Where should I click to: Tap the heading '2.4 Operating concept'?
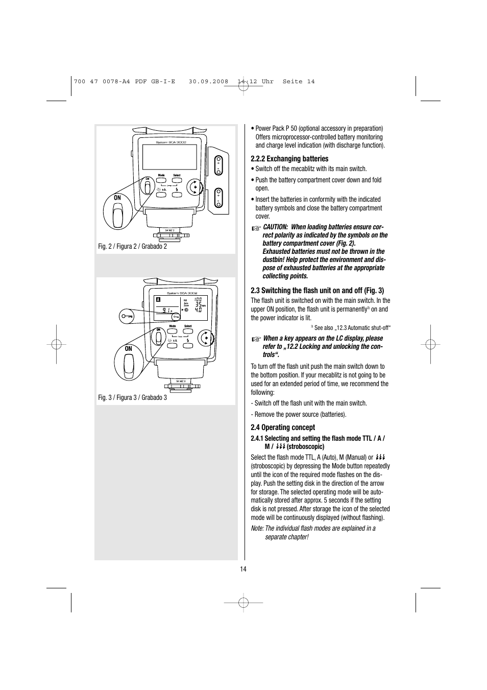pos(283,427)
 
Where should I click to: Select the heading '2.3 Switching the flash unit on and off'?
pos(317,291)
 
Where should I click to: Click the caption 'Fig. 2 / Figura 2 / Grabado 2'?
pos(132,247)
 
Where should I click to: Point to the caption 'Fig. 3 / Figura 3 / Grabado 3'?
pos(132,398)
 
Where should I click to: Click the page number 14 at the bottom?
pos(243,569)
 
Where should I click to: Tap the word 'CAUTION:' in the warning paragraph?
pos(276,227)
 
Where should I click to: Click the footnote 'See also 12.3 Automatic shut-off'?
pos(352,328)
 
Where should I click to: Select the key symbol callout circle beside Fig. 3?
pos(128,317)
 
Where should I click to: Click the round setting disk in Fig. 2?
pos(194,187)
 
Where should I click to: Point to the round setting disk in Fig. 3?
pos(205,338)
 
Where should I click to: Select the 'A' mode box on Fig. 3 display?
pos(159,299)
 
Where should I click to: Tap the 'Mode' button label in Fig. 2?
pos(161,175)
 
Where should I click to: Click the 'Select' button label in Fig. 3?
pos(188,326)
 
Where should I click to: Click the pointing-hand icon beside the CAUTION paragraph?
pos(255,228)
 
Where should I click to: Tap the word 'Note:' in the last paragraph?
pos(257,529)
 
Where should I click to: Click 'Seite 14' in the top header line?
pos(299,82)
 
